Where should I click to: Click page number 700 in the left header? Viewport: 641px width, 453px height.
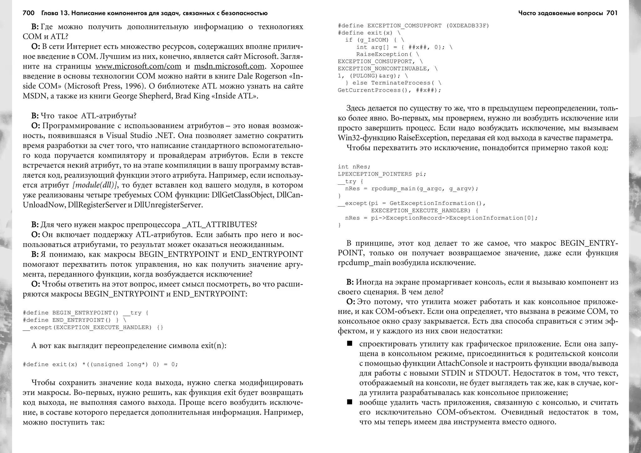pos(28,13)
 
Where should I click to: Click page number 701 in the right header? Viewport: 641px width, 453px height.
pos(612,13)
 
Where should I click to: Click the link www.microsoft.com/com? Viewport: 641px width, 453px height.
pos(138,66)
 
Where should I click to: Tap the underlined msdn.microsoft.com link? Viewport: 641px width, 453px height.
pos(229,66)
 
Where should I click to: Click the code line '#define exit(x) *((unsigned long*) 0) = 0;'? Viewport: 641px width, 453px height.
pos(100,364)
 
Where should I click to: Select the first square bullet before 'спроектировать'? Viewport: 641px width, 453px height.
pos(350,344)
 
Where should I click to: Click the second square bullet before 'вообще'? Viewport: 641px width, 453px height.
pos(350,402)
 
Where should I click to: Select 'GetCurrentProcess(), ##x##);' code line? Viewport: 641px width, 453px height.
pos(389,90)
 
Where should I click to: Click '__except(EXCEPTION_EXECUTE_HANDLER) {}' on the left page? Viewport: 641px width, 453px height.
pos(93,327)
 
